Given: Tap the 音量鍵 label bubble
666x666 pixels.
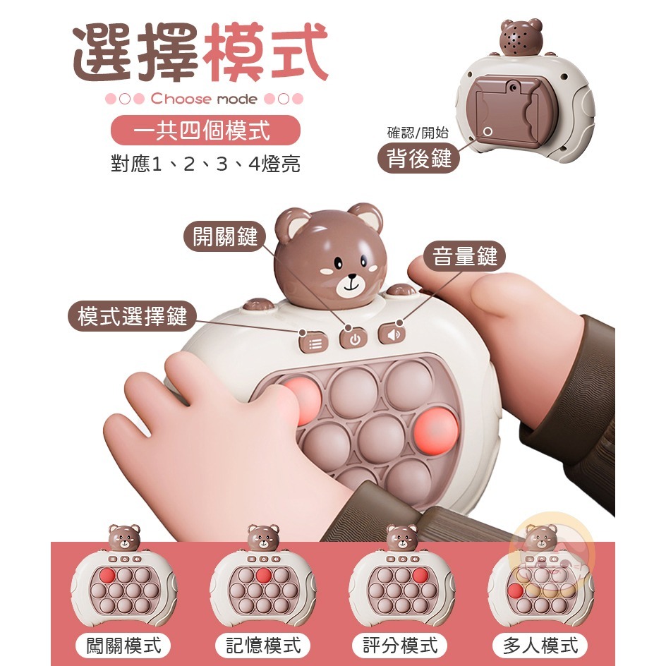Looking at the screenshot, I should (x=465, y=257).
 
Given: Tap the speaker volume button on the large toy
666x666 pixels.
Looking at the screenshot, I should (x=393, y=334).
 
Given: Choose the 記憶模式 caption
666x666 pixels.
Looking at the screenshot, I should (x=262, y=645).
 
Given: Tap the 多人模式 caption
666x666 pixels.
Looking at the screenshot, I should (x=540, y=645).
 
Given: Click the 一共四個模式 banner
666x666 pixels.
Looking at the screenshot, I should (x=206, y=130).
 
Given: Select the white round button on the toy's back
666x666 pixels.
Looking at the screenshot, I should (x=488, y=131).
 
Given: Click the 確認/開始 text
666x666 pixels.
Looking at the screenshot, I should (x=418, y=132).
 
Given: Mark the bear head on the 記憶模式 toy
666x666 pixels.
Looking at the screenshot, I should (x=263, y=538).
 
